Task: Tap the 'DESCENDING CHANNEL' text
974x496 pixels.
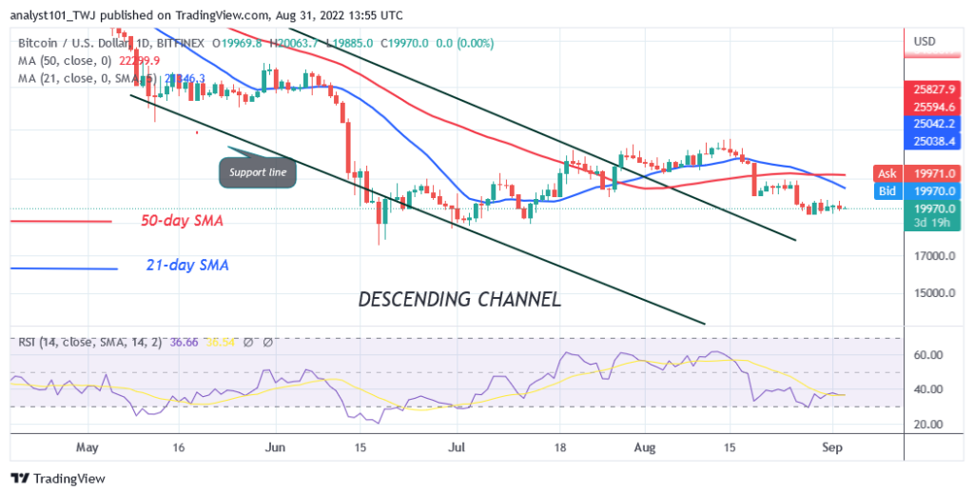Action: click(458, 299)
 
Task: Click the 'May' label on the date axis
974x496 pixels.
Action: click(87, 445)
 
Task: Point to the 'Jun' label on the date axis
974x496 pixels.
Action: click(274, 445)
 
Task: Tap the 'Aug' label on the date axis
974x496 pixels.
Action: click(645, 445)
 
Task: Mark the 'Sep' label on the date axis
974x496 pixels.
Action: click(831, 445)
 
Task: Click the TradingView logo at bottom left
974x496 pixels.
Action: click(58, 478)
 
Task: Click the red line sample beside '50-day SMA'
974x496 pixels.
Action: click(62, 222)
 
